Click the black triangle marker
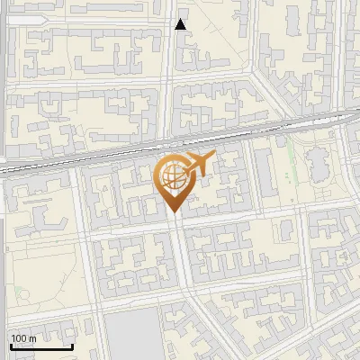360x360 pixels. (x=181, y=24)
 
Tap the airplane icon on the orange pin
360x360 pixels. (x=195, y=164)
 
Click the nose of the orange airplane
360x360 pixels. (x=215, y=157)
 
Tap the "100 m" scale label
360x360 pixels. (x=24, y=338)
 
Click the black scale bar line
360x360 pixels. (x=41, y=347)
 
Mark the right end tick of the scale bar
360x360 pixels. (x=72, y=345)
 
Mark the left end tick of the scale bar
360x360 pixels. (x=11, y=345)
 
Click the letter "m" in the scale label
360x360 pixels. (x=32, y=338)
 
